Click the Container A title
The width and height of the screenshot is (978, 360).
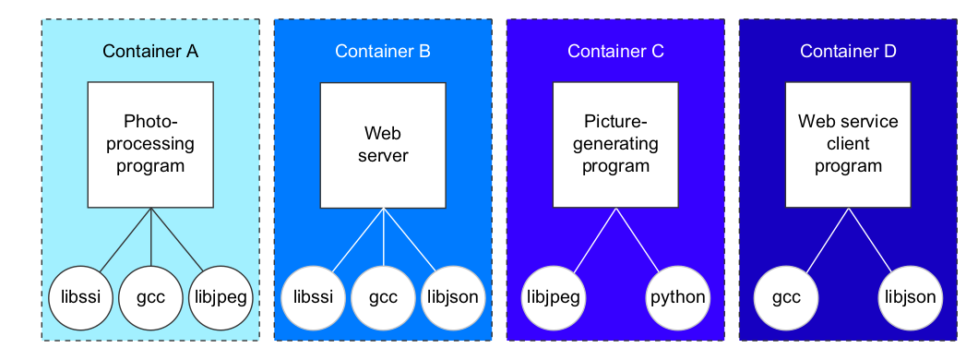point(150,51)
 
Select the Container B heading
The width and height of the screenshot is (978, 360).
point(383,51)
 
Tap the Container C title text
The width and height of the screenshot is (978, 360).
point(615,51)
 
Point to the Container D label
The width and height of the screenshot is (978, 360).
point(848,51)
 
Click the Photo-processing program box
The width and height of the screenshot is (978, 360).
point(150,145)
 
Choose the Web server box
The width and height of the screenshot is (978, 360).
point(383,145)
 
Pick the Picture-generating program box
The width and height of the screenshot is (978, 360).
point(615,145)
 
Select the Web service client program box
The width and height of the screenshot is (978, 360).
point(848,145)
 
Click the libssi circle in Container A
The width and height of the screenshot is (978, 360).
point(81,297)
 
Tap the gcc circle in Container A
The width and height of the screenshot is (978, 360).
point(151,297)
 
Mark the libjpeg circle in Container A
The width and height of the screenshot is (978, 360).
point(221,297)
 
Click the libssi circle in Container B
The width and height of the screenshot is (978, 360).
point(313,297)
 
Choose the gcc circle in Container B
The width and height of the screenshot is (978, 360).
point(383,297)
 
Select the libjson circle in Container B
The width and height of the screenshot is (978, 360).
point(453,297)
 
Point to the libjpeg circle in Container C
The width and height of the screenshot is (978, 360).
point(554,297)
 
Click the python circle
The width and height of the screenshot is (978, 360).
point(678,297)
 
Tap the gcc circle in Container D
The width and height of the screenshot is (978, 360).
point(786,297)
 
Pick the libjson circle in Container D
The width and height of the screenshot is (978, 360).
point(911,297)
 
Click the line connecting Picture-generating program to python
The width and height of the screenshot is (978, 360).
point(638,240)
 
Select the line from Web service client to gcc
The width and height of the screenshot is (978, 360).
point(827,240)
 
